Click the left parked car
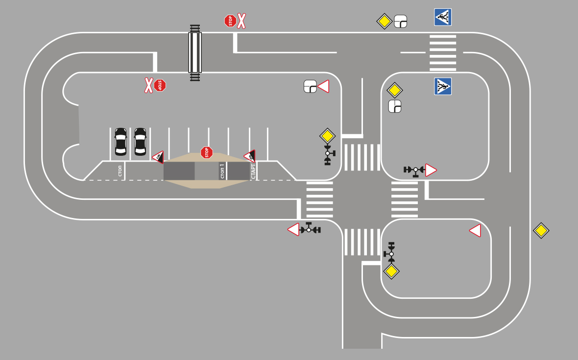(x=120, y=142)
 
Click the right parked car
(x=140, y=142)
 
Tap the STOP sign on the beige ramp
(x=207, y=152)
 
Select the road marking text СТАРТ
(x=253, y=170)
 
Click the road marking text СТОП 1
(x=222, y=171)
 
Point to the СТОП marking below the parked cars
(x=120, y=171)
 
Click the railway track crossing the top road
(x=195, y=52)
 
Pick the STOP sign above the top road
(x=230, y=21)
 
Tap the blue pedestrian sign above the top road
(x=443, y=17)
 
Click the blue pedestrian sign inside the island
(x=443, y=86)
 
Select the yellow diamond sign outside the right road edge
(x=541, y=231)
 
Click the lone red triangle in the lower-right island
(x=475, y=231)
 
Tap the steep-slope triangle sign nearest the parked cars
(x=158, y=157)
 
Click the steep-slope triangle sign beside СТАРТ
(x=250, y=156)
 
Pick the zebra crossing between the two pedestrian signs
(x=443, y=52)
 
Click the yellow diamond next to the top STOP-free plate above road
(x=385, y=21)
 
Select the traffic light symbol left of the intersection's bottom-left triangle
(x=310, y=229)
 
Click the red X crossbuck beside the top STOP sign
(x=241, y=21)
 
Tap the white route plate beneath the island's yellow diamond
(x=395, y=106)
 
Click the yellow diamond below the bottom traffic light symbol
(x=391, y=271)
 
